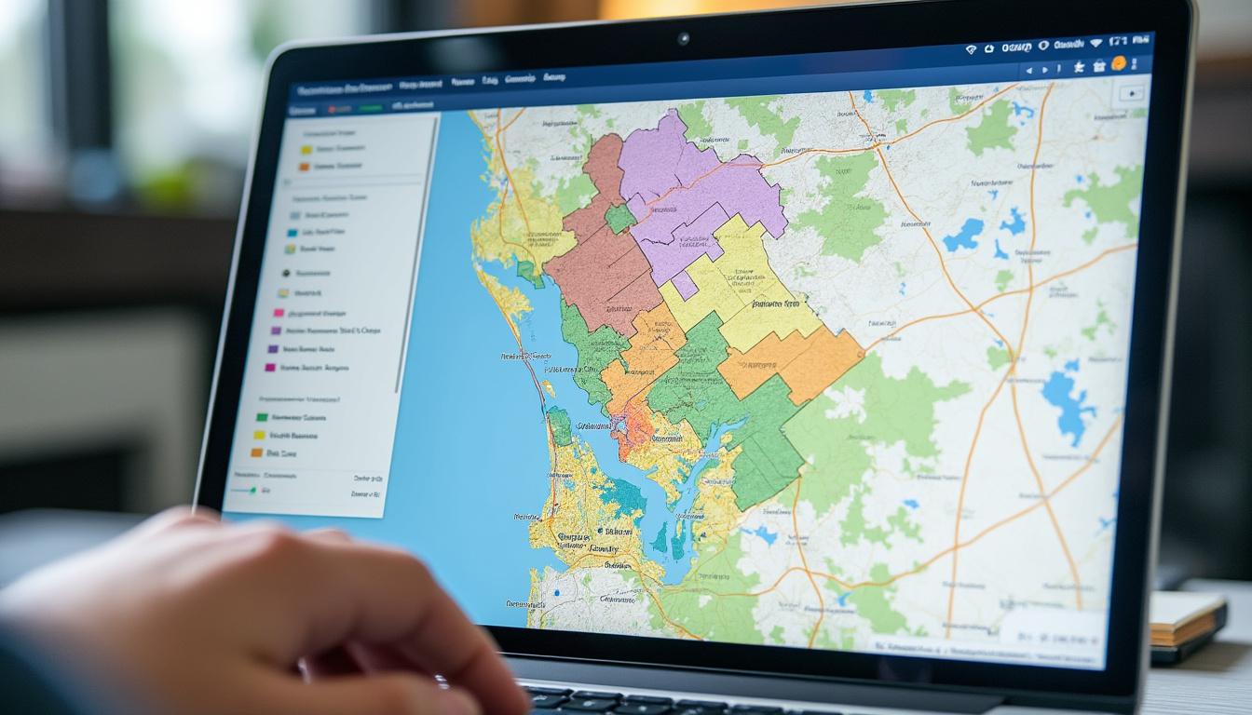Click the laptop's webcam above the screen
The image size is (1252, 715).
683,38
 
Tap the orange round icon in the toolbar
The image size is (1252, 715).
1118,63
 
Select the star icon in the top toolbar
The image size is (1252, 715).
1078,66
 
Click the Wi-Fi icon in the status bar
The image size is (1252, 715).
971,47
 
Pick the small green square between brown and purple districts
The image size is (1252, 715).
619,218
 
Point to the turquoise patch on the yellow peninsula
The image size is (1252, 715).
621,494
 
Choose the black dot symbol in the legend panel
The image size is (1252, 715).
285,274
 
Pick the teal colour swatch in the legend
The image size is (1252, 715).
293,232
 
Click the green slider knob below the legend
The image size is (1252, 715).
253,489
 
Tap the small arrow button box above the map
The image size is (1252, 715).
1130,93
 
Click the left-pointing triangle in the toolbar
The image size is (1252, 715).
1029,70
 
